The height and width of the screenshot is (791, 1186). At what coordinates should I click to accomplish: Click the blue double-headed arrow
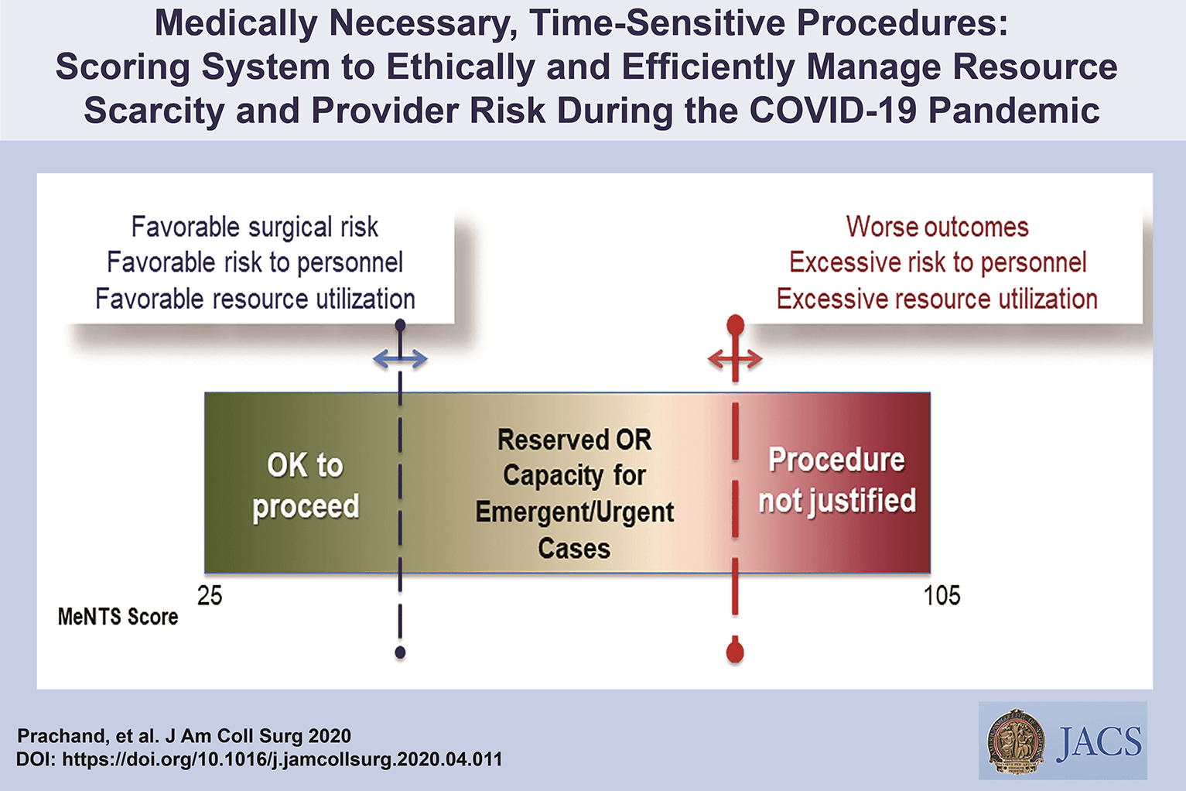[x=400, y=358]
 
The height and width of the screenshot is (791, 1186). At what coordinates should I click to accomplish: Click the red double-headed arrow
[x=735, y=358]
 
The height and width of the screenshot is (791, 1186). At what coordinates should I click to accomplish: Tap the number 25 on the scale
[x=210, y=595]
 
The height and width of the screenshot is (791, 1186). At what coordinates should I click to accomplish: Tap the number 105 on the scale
[x=942, y=595]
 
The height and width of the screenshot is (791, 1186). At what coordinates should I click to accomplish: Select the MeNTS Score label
[x=118, y=617]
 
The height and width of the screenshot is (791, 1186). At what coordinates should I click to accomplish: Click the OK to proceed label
[x=306, y=485]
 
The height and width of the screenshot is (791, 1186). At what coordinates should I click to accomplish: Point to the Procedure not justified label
[x=836, y=480]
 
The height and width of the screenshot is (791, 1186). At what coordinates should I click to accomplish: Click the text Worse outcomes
[x=937, y=227]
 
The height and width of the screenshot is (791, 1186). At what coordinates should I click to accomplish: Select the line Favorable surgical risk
[x=255, y=227]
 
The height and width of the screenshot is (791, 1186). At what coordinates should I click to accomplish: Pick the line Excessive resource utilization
[x=937, y=299]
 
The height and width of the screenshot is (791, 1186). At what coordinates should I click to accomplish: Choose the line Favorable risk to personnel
[x=255, y=263]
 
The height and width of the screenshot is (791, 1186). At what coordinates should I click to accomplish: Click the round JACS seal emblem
[x=1016, y=741]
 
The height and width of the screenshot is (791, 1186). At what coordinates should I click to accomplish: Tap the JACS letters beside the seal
[x=1099, y=741]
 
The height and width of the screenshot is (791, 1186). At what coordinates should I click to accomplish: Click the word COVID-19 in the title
[x=832, y=110]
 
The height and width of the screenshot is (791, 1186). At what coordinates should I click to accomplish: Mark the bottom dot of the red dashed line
[x=735, y=652]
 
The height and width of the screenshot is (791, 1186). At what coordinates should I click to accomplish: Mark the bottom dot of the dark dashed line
[x=400, y=652]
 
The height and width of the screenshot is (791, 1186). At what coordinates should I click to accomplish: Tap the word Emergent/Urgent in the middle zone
[x=574, y=512]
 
